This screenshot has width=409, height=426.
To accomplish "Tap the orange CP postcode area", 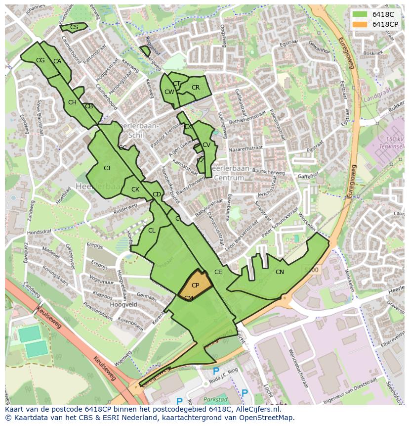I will pyautogui.click(x=195, y=285).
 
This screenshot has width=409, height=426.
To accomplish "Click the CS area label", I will pyautogui.click(x=74, y=27).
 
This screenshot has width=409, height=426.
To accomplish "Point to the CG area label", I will pyautogui.click(x=41, y=60).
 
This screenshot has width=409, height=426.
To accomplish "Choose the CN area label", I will pyautogui.click(x=280, y=272).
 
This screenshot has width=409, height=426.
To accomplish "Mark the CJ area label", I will pyautogui.click(x=107, y=168).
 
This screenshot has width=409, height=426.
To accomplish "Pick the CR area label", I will pyautogui.click(x=195, y=88).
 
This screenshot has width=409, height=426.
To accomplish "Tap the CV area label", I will pyautogui.click(x=206, y=145).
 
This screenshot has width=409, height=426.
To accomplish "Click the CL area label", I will pyautogui.click(x=152, y=230).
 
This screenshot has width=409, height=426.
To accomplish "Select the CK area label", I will pyautogui.click(x=135, y=189).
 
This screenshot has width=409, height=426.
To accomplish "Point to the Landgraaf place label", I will pyautogui.click(x=377, y=98).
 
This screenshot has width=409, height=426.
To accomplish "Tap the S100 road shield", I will pyautogui.click(x=311, y=270).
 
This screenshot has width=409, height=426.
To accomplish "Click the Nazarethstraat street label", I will pyautogui.click(x=248, y=148).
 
